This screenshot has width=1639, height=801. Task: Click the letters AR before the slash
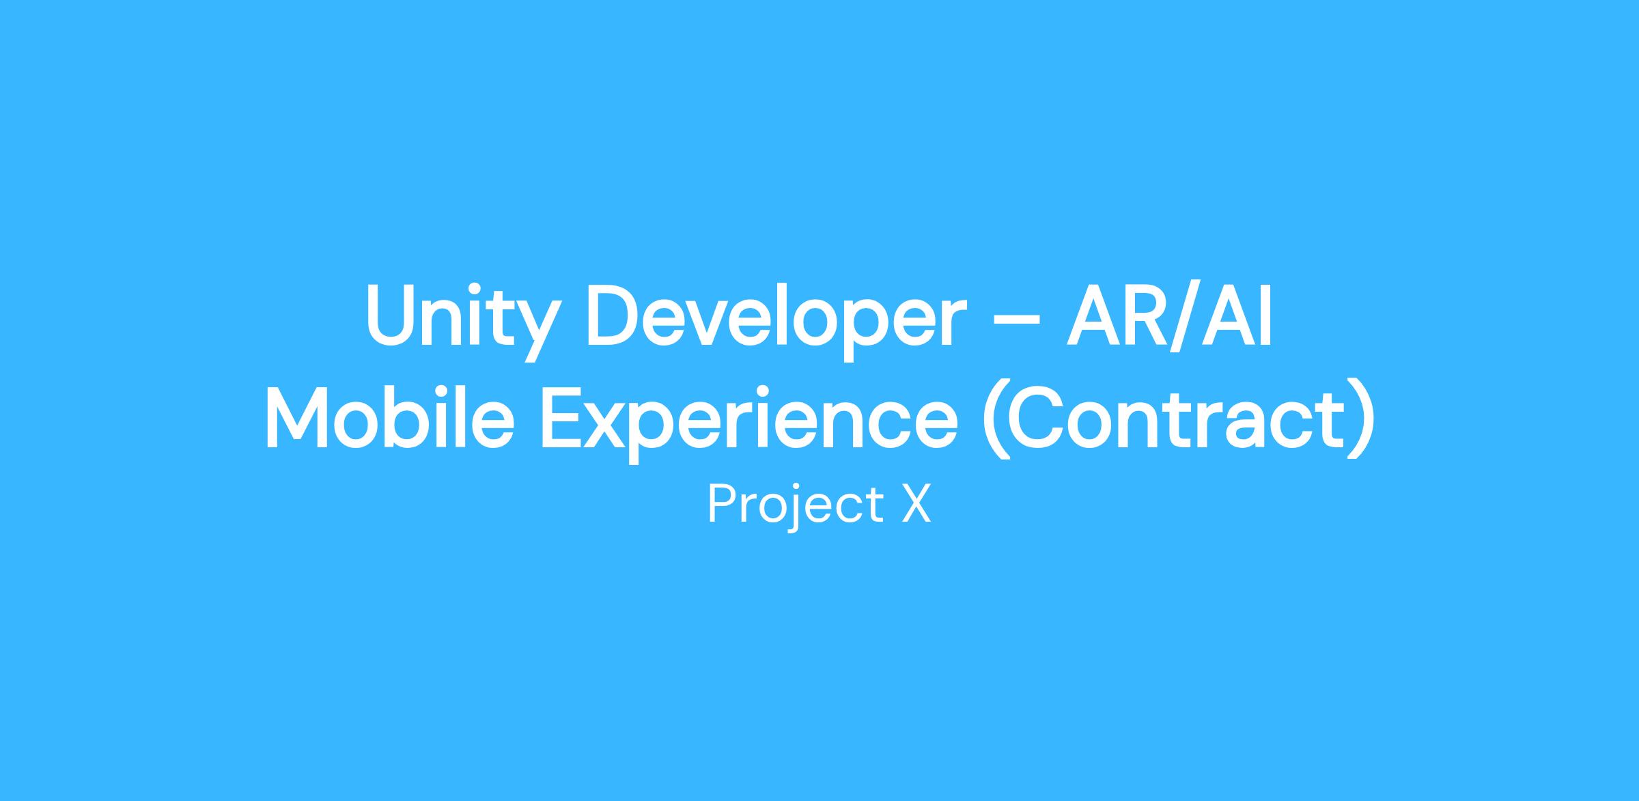click(1110, 315)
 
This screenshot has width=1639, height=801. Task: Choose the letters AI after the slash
click(1235, 315)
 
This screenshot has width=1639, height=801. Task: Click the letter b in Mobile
click(423, 416)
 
